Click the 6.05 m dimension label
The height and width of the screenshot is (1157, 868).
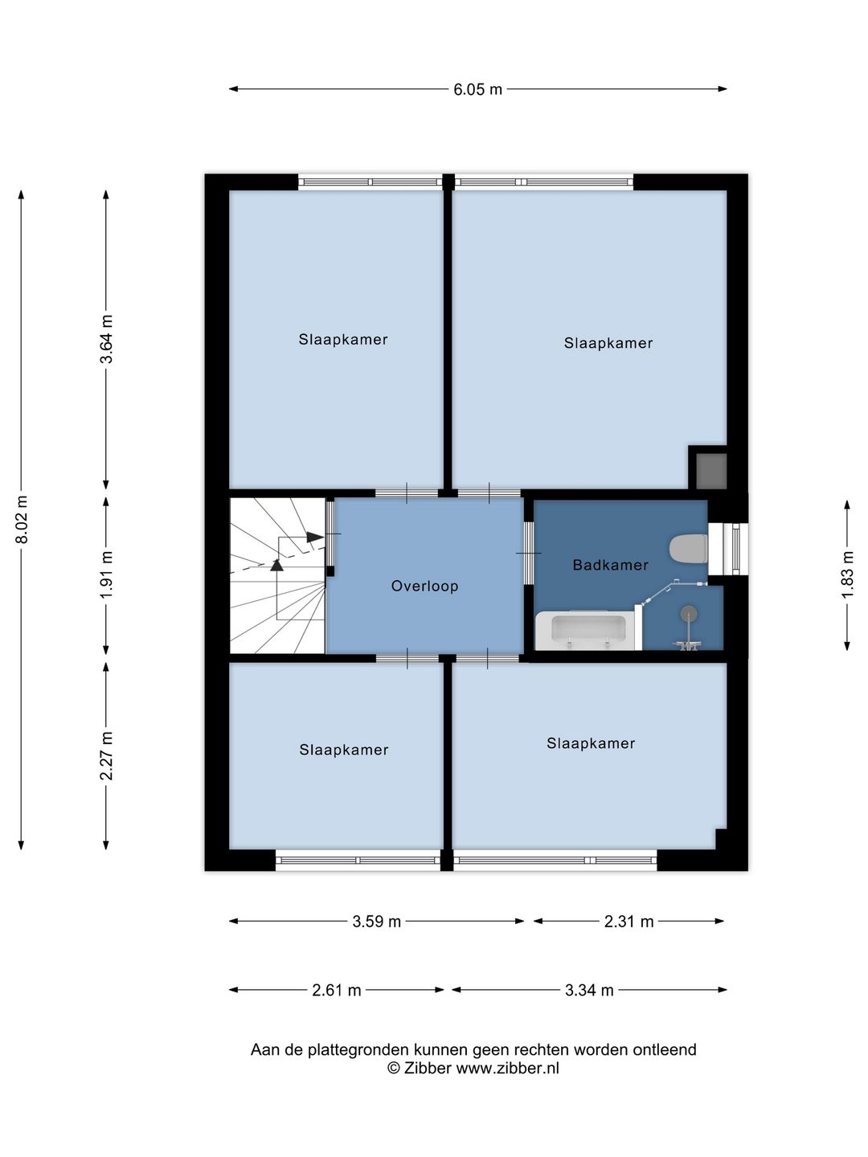pos(477,90)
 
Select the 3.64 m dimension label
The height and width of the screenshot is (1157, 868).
pos(106,339)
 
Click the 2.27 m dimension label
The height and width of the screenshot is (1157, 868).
pos(106,756)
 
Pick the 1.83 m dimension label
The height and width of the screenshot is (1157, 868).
pos(847,574)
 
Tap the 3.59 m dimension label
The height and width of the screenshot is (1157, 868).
pos(376,922)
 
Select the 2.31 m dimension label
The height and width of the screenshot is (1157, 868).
pos(628,922)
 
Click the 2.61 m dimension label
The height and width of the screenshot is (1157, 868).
pos(336,991)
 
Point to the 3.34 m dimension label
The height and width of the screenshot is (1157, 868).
pos(589,991)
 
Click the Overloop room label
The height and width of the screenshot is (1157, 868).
pos(425,587)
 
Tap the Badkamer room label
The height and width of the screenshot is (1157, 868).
pos(610,565)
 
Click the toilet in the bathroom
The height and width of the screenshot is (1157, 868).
pos(688,548)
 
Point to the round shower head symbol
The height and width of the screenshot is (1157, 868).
pos(688,613)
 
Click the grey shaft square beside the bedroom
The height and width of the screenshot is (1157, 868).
pos(711,470)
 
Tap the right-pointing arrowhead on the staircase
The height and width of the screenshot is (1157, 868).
pos(315,537)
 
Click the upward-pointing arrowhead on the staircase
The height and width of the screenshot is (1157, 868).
pos(276,565)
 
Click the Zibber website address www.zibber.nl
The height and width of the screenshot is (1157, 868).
pos(507,1069)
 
